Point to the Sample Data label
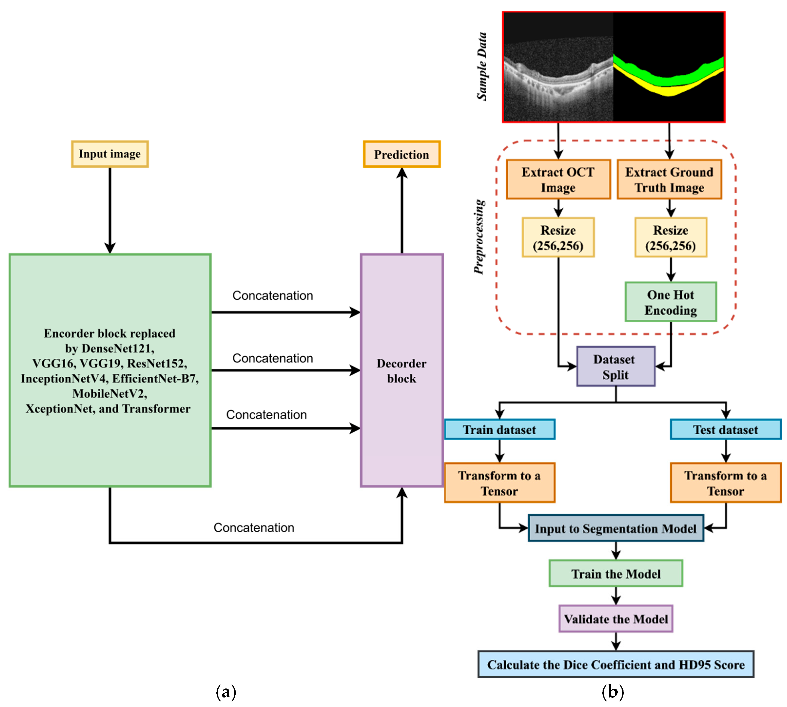point(482,66)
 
